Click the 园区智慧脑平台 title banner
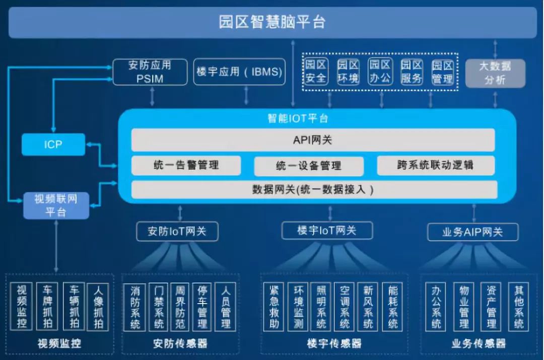[272, 23]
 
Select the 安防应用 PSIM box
[150, 72]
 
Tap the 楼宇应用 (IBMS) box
[239, 72]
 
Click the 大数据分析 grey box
[495, 73]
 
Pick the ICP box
[53, 145]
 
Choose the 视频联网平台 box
[56, 205]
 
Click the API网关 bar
[313, 140]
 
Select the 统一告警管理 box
[186, 165]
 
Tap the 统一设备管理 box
[309, 166]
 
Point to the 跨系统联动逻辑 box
[435, 165]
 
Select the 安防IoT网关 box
[177, 232]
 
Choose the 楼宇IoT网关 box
[327, 231]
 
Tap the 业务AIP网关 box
[472, 232]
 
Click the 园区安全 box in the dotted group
[316, 72]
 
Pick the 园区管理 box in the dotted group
[443, 72]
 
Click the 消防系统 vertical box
[135, 307]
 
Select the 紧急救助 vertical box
[274, 307]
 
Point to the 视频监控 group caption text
[59, 344]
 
